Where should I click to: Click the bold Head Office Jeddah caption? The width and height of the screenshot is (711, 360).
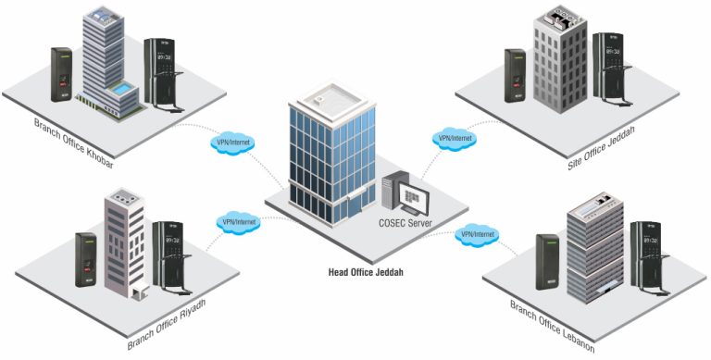pos(368,272)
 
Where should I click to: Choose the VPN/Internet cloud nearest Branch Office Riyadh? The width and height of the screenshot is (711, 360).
pos(240,222)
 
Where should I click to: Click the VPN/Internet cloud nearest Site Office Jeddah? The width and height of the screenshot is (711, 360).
pos(454,138)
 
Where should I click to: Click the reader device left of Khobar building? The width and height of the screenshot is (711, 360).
pos(60,74)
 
